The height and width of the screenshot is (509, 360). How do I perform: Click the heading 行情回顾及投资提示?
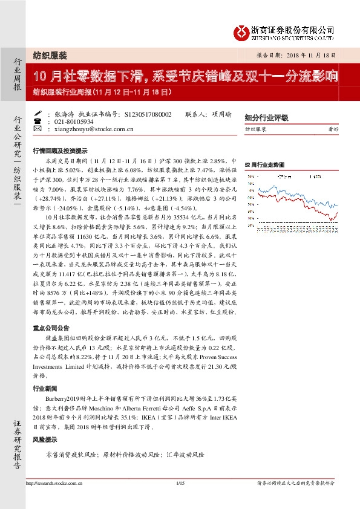(x=59, y=151)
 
